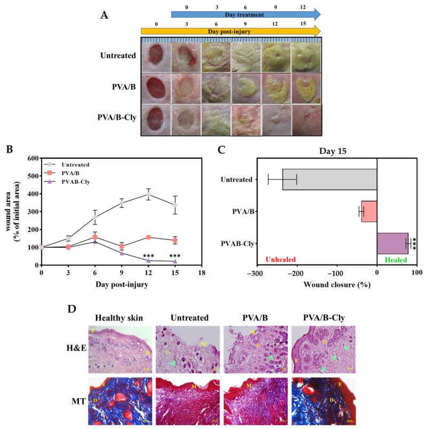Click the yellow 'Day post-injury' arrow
pyautogui.click(x=231, y=30)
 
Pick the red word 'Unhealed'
pyautogui.click(x=280, y=260)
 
